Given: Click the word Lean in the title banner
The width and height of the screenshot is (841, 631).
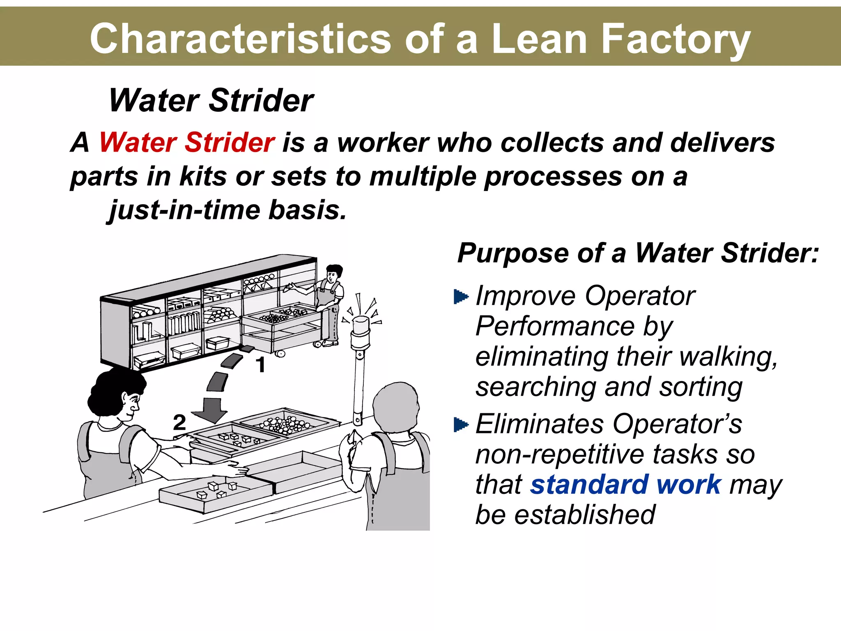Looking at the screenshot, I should (539, 39).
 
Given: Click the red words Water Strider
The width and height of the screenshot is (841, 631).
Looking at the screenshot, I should (187, 143).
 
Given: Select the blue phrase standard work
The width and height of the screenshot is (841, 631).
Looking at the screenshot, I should (625, 485).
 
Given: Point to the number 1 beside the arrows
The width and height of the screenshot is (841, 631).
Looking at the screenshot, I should (260, 364).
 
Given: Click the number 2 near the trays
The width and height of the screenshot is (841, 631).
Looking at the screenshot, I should (179, 422).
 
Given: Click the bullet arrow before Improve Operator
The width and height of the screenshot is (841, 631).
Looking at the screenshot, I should (461, 296).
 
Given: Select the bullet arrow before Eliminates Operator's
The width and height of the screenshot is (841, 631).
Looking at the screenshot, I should (461, 424).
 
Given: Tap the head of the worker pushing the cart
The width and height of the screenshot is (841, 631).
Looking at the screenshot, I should (333, 273).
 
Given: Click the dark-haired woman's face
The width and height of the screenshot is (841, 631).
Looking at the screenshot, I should (131, 405).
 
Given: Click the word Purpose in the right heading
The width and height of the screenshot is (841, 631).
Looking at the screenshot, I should (514, 253).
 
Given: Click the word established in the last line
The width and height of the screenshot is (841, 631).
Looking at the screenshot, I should (585, 515).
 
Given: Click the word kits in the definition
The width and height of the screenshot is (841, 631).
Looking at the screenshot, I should (203, 177).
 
